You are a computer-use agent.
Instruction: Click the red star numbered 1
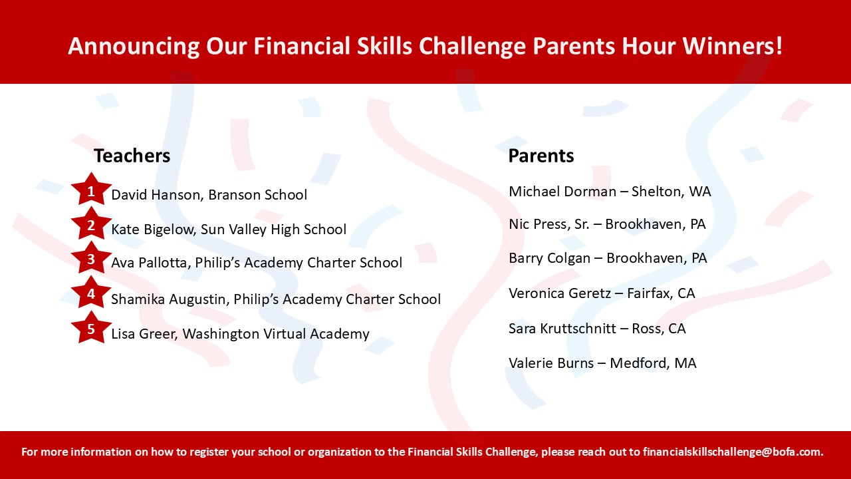tap(91, 190)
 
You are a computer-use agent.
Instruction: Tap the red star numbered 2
tap(91, 224)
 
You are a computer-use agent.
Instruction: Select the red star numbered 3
tap(91, 258)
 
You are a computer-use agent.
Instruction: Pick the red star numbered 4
tap(91, 293)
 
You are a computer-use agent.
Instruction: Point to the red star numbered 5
tap(91, 328)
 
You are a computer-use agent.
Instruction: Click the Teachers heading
tap(132, 156)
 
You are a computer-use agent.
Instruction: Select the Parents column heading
tap(541, 156)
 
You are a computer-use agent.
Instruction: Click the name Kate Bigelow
tap(153, 230)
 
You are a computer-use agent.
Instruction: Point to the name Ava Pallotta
tap(151, 263)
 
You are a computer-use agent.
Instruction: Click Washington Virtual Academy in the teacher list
tap(276, 333)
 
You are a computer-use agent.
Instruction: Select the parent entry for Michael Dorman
tap(610, 191)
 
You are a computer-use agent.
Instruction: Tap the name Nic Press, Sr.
tap(549, 224)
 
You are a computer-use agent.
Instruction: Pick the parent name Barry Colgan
tap(549, 258)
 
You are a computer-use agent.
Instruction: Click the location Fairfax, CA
tap(661, 293)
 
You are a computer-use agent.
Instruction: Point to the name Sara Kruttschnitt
tap(562, 328)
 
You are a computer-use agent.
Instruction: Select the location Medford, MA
tap(653, 363)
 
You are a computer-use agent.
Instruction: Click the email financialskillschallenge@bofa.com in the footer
tap(733, 452)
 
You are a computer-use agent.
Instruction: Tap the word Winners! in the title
tap(733, 46)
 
